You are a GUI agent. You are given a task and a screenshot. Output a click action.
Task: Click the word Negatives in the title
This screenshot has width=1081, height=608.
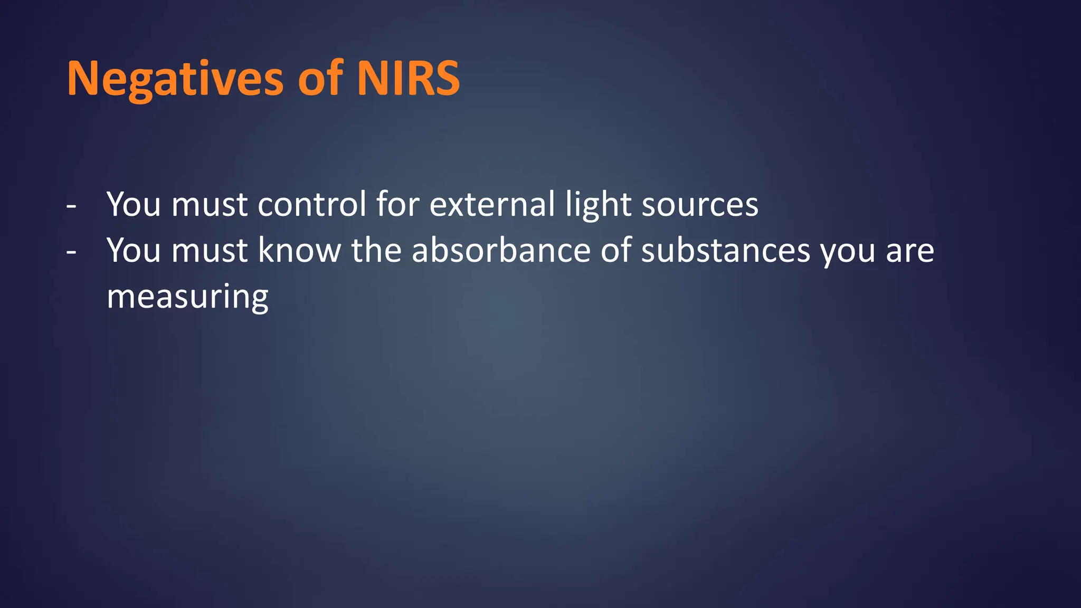pyautogui.click(x=175, y=79)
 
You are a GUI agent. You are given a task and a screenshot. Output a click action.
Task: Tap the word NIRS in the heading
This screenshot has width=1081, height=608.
pyautogui.click(x=408, y=79)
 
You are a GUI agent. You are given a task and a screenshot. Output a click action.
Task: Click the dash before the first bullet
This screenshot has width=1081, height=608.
pyautogui.click(x=71, y=205)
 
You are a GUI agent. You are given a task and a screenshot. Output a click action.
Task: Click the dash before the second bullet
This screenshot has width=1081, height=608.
pyautogui.click(x=71, y=252)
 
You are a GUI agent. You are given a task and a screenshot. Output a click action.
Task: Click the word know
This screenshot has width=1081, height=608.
pyautogui.click(x=299, y=251)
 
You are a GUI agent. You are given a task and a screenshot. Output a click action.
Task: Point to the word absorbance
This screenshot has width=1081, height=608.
pyautogui.click(x=500, y=251)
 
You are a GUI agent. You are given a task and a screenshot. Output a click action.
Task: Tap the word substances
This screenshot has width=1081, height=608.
pyautogui.click(x=725, y=251)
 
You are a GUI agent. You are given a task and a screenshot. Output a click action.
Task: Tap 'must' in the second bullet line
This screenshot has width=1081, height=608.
pyautogui.click(x=210, y=252)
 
